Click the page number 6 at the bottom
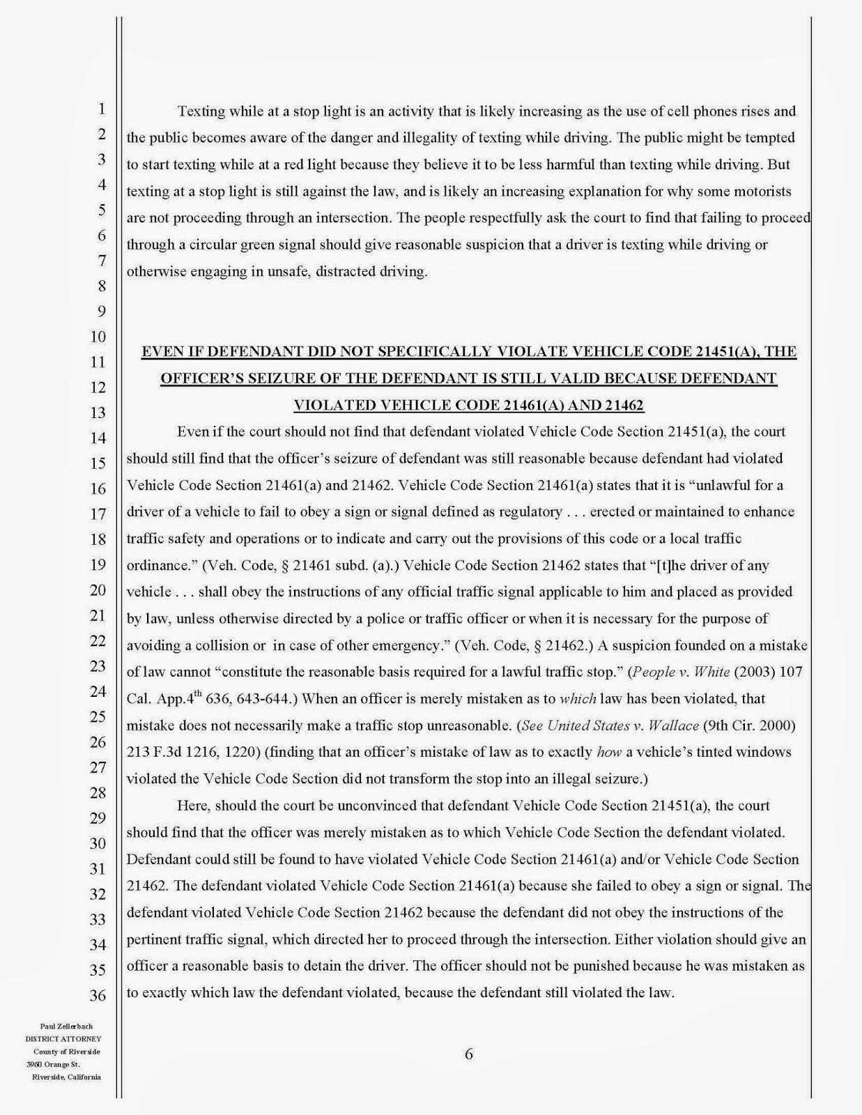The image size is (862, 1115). (468, 1054)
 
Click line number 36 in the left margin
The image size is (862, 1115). (97, 995)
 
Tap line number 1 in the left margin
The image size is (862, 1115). (101, 109)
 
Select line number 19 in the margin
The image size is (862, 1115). (97, 564)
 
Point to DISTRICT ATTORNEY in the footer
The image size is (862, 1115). (63, 1038)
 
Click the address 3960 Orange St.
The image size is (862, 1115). (54, 1064)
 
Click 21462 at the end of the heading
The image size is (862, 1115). (624, 405)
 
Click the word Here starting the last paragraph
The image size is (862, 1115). (194, 806)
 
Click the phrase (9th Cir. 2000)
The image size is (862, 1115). (749, 725)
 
